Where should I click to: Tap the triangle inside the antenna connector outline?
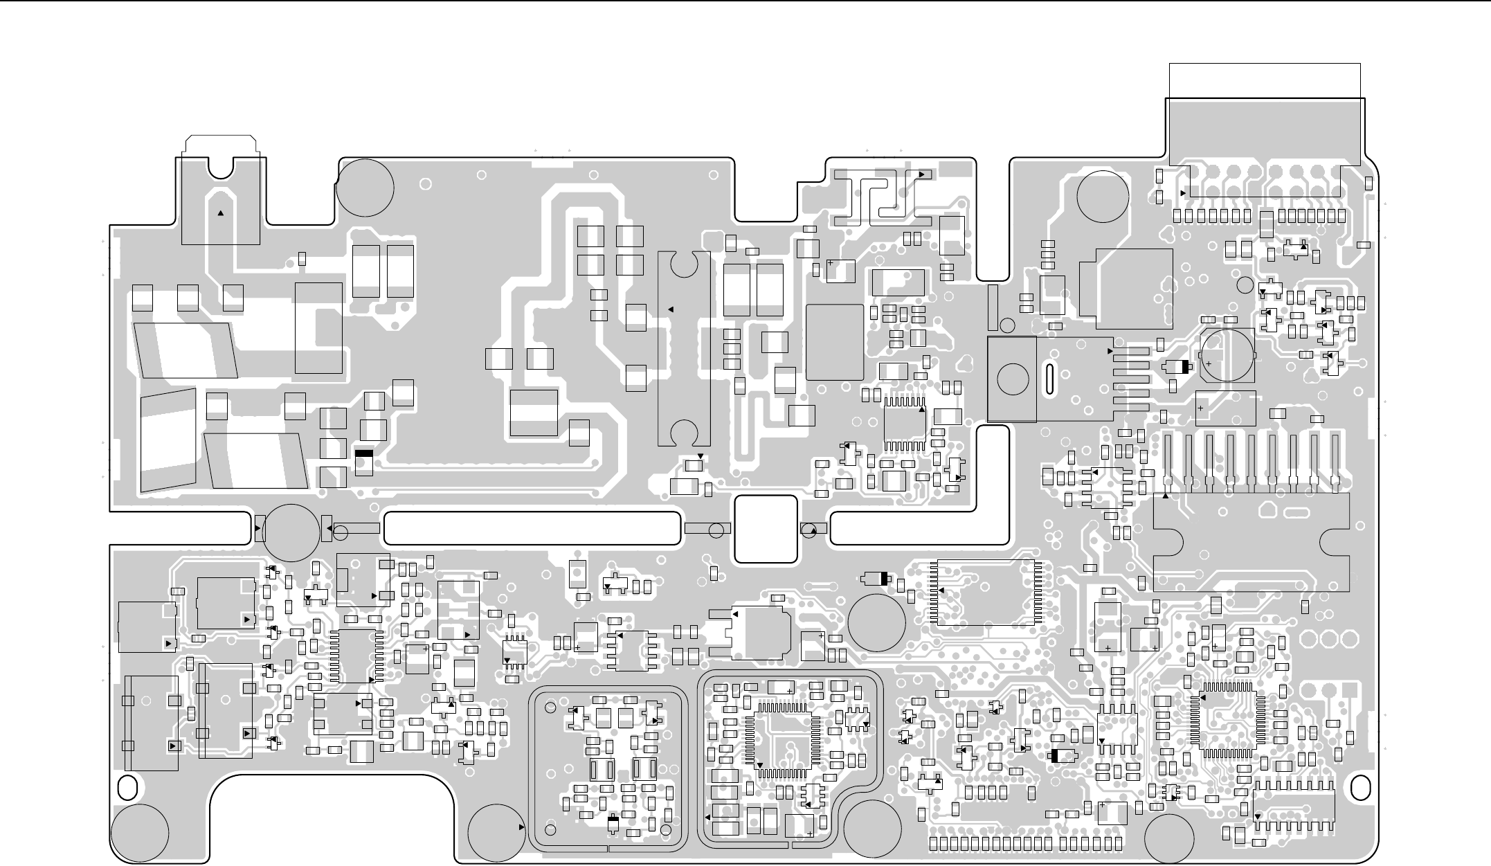pyautogui.click(x=220, y=214)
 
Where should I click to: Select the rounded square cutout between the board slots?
pyautogui.click(x=766, y=529)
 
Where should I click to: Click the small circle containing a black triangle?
pyautogui.click(x=808, y=530)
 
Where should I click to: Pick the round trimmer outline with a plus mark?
pyautogui.click(x=1227, y=354)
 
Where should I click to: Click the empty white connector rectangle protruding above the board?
pyautogui.click(x=1265, y=80)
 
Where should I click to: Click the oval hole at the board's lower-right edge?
pyautogui.click(x=1361, y=788)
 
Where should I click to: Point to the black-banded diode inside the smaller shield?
pyautogui.click(x=613, y=823)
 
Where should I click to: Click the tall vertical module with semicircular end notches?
pyautogui.click(x=684, y=349)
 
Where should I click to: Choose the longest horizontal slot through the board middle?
pyautogui.click(x=531, y=529)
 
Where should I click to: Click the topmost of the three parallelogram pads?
pyautogui.click(x=186, y=350)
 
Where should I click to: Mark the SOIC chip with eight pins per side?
pyautogui.click(x=1294, y=807)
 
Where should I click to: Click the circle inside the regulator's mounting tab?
pyautogui.click(x=1012, y=379)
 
